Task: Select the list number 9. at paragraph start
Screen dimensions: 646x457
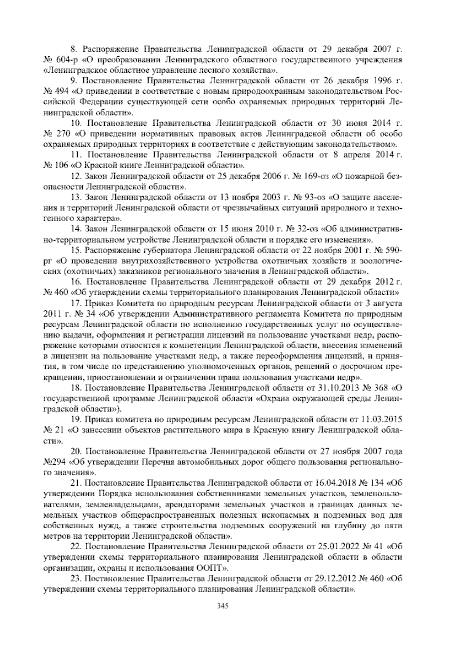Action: [74, 81]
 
